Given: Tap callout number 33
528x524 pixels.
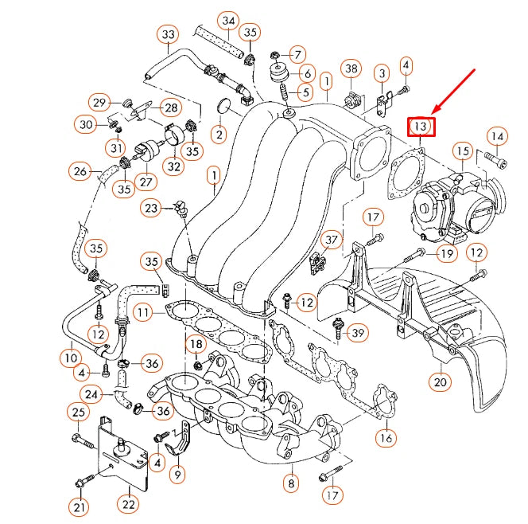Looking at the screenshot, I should pyautogui.click(x=168, y=35).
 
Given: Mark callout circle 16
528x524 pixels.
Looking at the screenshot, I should pyautogui.click(x=386, y=437).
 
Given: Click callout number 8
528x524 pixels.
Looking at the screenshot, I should pyautogui.click(x=292, y=483).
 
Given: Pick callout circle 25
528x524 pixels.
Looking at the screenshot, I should pyautogui.click(x=78, y=412).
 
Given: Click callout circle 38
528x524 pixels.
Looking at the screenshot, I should pyautogui.click(x=351, y=69).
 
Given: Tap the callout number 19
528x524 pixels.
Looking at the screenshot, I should pyautogui.click(x=446, y=254).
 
